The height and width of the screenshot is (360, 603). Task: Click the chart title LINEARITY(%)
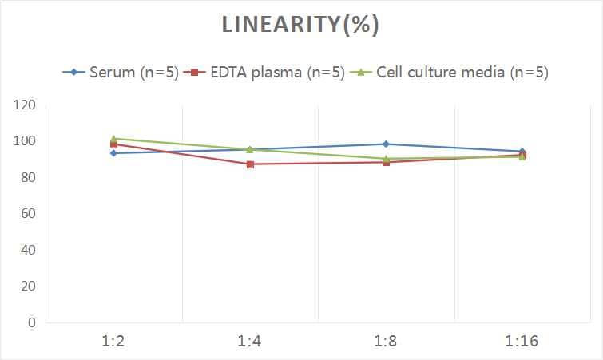(x=301, y=25)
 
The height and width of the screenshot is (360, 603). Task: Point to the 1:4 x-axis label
(x=250, y=342)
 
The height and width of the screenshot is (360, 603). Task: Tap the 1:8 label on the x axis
(x=386, y=342)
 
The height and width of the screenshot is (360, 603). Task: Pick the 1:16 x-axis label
(x=522, y=342)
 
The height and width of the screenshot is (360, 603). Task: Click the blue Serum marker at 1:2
(x=114, y=153)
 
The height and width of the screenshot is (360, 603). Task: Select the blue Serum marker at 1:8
(x=386, y=144)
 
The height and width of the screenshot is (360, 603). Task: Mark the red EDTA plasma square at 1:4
(x=250, y=164)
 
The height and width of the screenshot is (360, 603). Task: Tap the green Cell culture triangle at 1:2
(x=114, y=138)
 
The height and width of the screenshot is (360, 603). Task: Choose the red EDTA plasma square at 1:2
(x=114, y=144)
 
